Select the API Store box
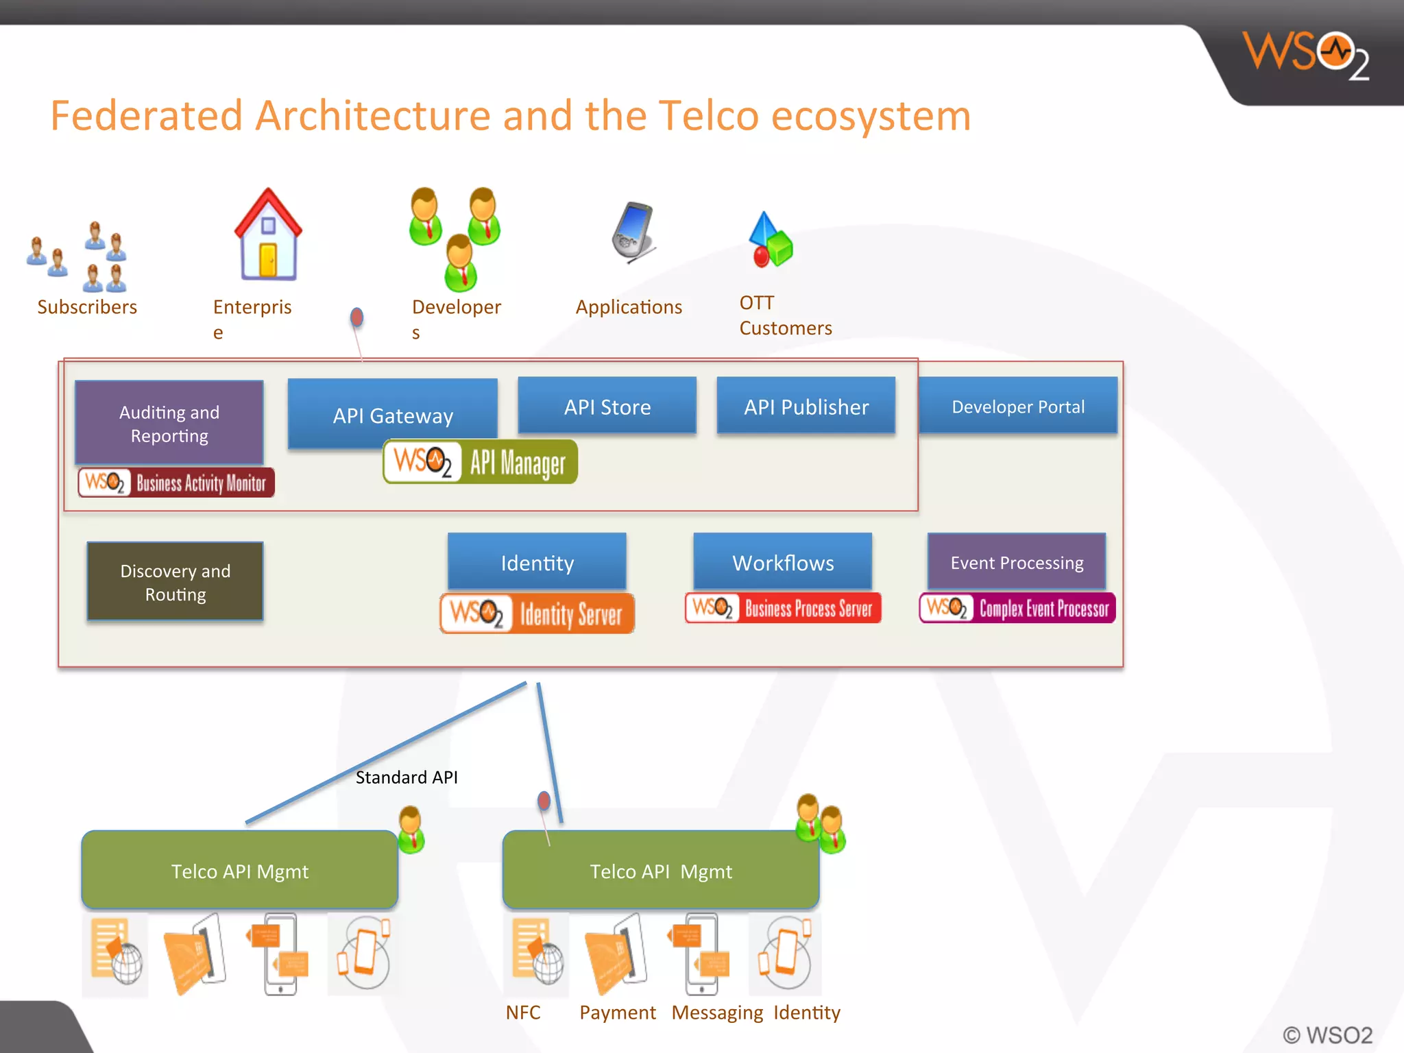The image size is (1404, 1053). coord(607,406)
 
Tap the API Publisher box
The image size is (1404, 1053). coord(806,406)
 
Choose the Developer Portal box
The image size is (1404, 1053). coord(1017,406)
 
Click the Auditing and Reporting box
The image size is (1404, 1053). coord(169,423)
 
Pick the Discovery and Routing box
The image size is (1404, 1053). coord(175,581)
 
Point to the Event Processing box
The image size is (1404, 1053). coord(1016,561)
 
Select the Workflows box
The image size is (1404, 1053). coord(782,561)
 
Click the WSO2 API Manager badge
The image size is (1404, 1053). coord(480,461)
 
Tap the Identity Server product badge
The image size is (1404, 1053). coord(537,613)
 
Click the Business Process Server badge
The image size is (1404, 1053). coord(782,607)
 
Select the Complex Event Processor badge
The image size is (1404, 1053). coord(1017,607)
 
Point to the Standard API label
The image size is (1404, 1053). coord(406,777)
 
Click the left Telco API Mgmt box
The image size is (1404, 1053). coord(239,870)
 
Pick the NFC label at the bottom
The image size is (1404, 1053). coord(522,1012)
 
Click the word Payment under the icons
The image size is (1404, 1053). coord(617,1012)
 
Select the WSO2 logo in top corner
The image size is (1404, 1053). coord(1306,55)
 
